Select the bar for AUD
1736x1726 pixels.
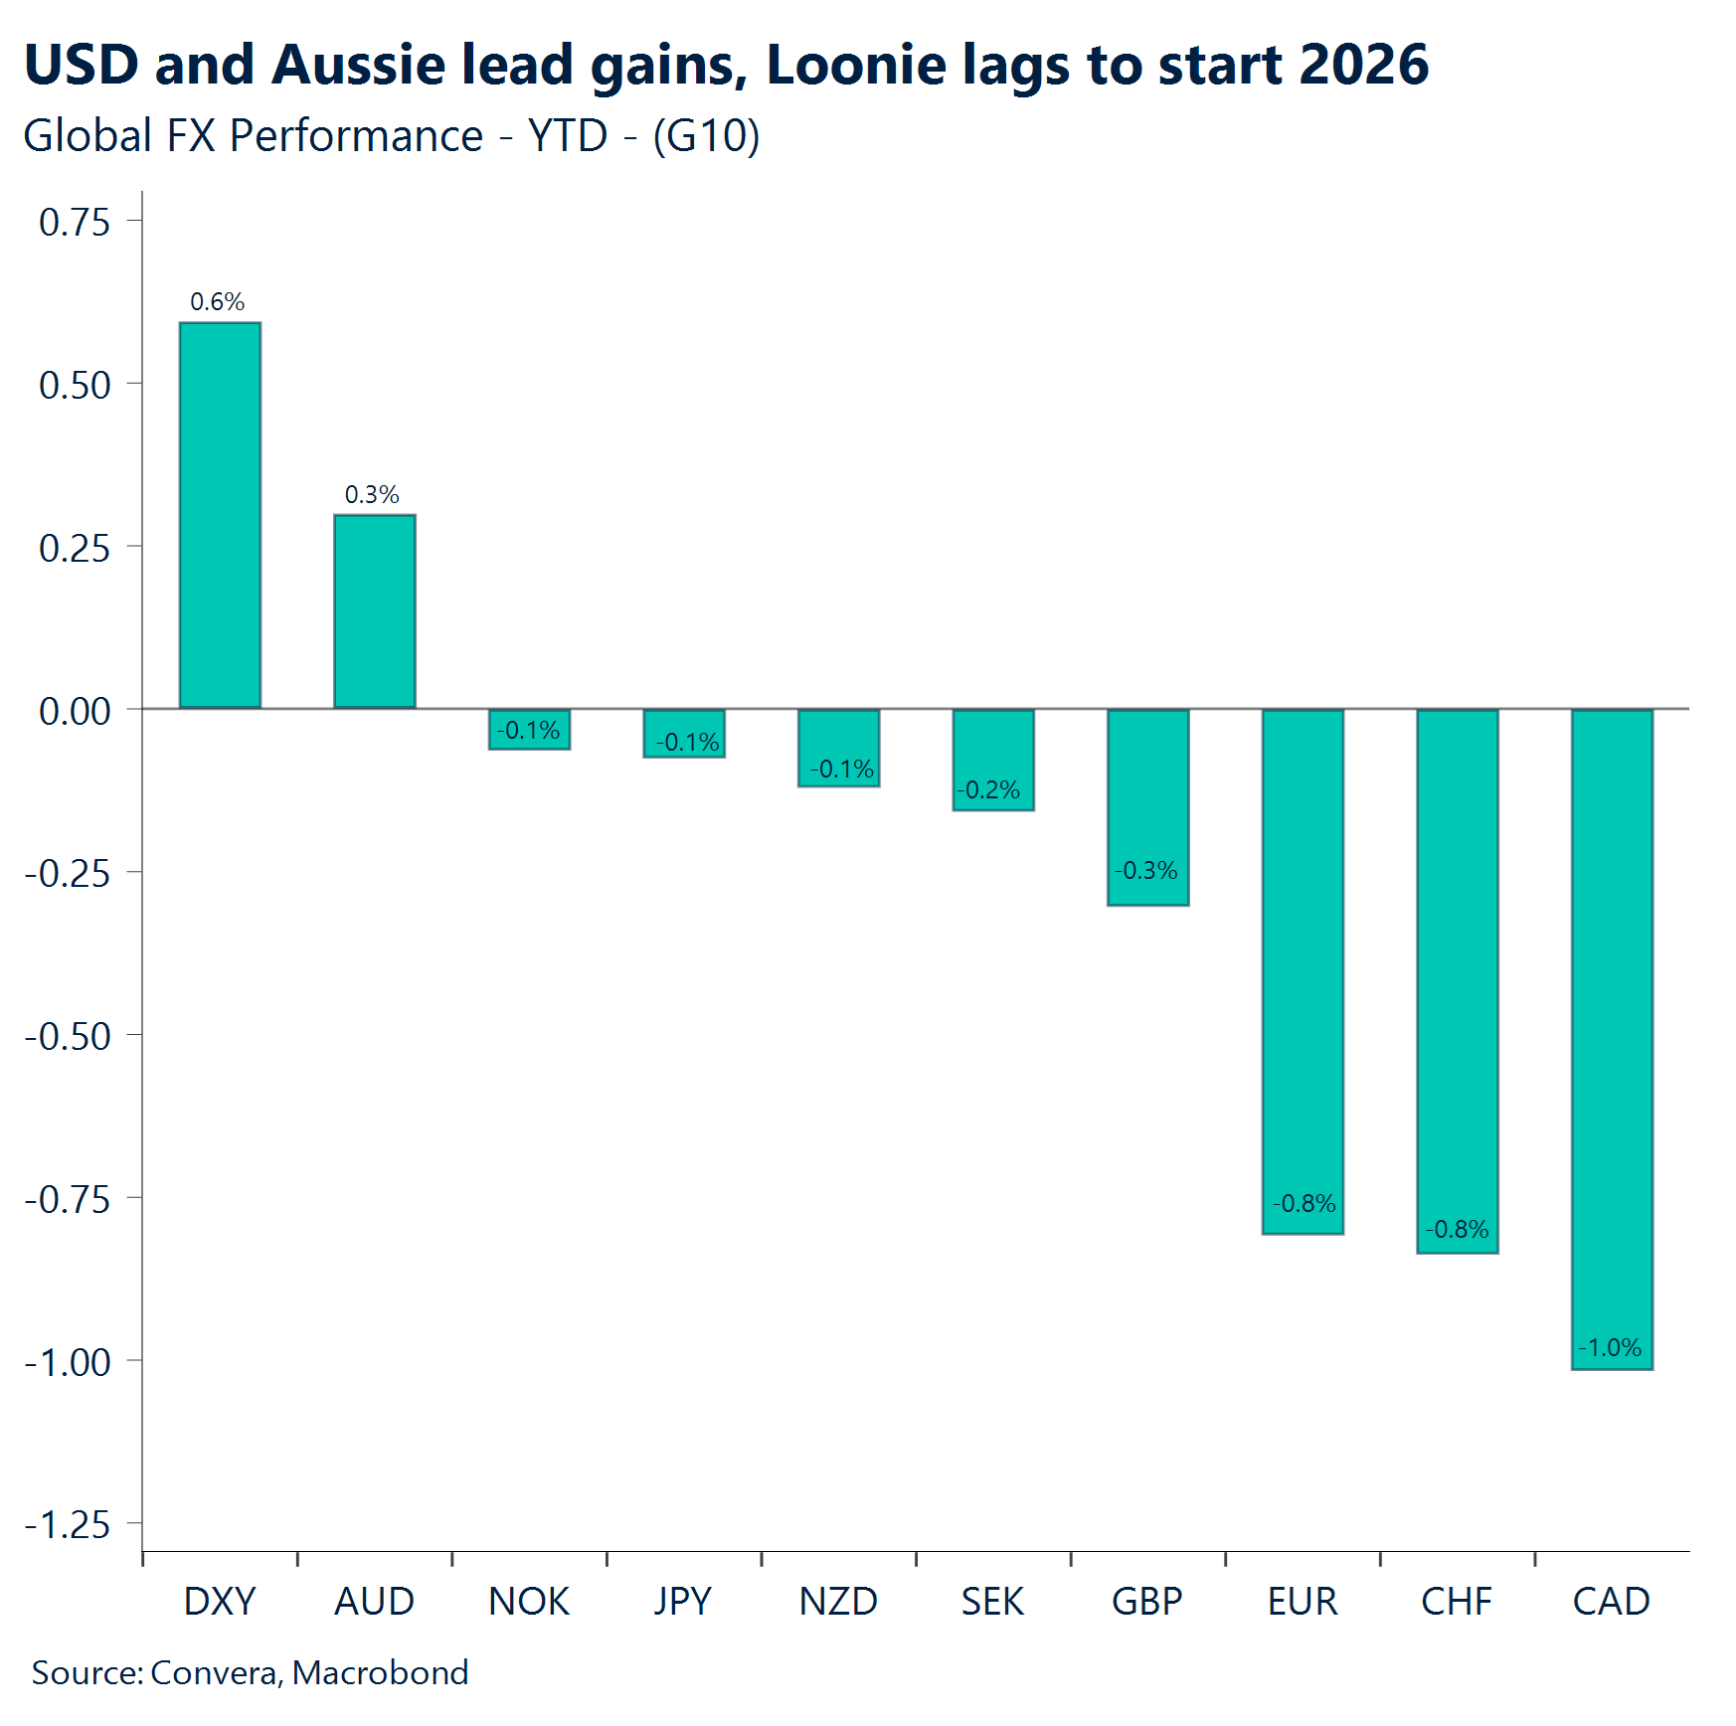coord(374,610)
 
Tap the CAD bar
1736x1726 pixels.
coord(1612,1039)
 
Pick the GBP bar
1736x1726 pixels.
coord(1147,806)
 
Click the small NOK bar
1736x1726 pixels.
coord(529,729)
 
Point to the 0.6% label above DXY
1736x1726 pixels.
coord(217,301)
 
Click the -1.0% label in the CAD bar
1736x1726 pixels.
coord(1610,1347)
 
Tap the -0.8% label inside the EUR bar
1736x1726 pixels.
coord(1303,1203)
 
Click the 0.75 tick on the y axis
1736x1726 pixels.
coord(75,222)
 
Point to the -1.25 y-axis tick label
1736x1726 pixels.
coord(68,1524)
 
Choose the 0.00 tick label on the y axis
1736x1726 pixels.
coord(75,711)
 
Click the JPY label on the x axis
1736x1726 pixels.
coord(683,1601)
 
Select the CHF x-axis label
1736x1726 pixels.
coord(1457,1601)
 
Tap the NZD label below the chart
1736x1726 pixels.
coord(838,1601)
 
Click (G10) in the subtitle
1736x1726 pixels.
coord(706,136)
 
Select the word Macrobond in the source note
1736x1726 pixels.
coord(380,1672)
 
